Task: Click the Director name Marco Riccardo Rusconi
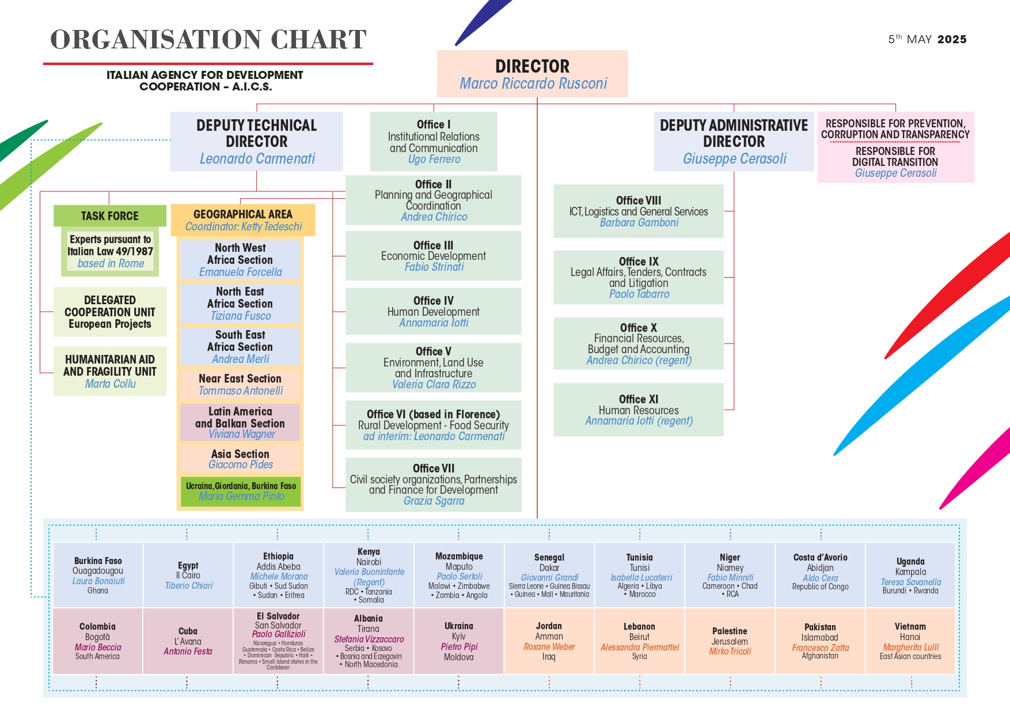533,84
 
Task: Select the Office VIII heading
639,200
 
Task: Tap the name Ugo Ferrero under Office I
434,159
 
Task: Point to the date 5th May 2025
927,39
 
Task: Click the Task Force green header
109,216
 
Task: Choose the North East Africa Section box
240,304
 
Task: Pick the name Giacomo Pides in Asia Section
241,464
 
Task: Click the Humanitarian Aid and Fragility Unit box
110,372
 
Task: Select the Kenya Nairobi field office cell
369,575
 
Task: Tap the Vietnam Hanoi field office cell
910,641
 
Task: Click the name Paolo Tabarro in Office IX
639,294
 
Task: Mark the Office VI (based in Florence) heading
434,414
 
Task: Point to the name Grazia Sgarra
434,501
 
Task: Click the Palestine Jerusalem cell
730,641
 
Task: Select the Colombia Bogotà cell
97,641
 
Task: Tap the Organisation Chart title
208,40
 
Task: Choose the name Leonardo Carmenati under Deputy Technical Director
257,158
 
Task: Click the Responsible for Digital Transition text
895,157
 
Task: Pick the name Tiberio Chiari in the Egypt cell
189,585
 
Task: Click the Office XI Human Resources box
639,410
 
